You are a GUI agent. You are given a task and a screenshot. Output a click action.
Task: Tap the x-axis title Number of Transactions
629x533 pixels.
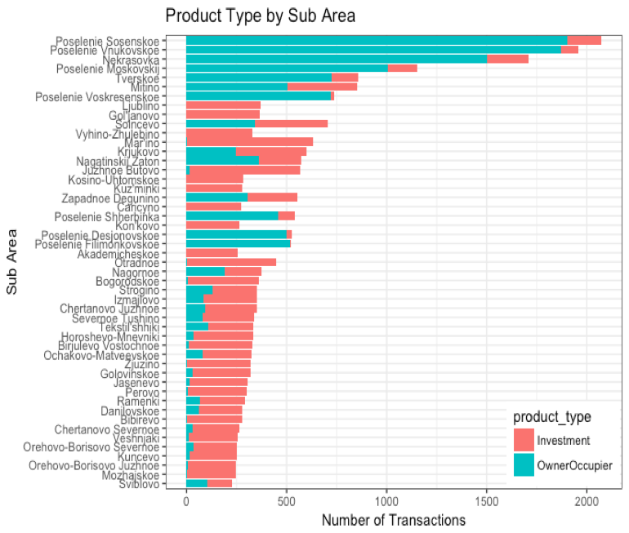pos(394,519)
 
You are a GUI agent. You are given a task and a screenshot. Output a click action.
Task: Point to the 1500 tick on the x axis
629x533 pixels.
pos(486,500)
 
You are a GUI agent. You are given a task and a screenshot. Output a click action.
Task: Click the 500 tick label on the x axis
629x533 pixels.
pos(286,500)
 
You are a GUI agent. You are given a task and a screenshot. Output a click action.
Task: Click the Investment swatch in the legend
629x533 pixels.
pos(523,441)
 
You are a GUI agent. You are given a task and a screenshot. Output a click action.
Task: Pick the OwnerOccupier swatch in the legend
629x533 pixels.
pos(523,464)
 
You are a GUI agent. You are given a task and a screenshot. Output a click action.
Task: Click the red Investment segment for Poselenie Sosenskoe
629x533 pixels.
pos(584,40)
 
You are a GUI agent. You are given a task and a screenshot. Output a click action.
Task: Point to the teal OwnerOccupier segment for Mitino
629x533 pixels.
pos(237,87)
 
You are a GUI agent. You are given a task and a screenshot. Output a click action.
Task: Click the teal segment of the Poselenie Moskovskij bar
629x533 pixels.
pos(287,68)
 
